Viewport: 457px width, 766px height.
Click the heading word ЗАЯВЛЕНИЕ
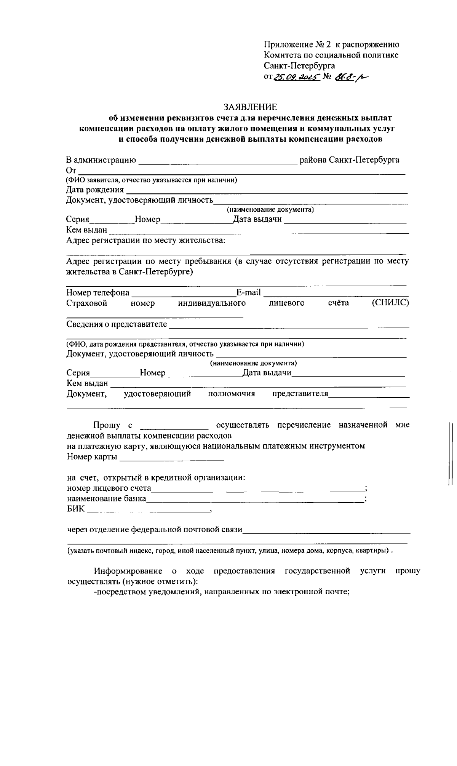coord(250,107)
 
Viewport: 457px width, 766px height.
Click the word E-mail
coord(249,292)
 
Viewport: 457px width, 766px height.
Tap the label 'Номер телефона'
coord(98,293)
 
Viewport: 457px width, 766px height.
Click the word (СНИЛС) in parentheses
coord(390,303)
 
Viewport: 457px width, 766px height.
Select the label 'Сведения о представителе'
coord(117,324)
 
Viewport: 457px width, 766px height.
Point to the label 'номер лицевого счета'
coord(109,488)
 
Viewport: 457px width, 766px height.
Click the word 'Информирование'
coord(128,571)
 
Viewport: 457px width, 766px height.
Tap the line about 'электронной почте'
coord(222,592)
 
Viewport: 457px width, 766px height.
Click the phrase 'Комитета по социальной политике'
coord(331,55)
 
